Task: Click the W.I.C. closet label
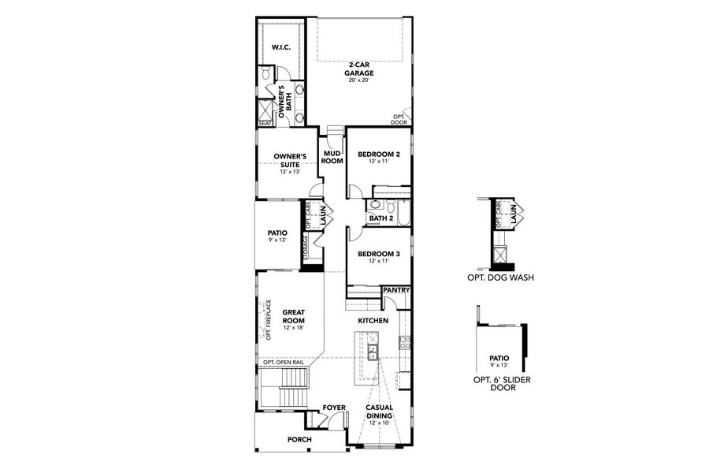click(281, 47)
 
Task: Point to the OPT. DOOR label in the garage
click(400, 119)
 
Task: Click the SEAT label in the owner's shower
click(265, 123)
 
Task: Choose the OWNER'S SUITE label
click(289, 160)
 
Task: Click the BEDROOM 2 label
click(379, 155)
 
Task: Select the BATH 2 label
click(381, 218)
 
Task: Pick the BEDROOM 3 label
click(379, 254)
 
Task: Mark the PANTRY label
click(396, 290)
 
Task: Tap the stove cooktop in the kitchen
click(404, 342)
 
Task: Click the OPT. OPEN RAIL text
click(284, 362)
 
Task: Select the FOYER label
click(334, 408)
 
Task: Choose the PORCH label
click(299, 439)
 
